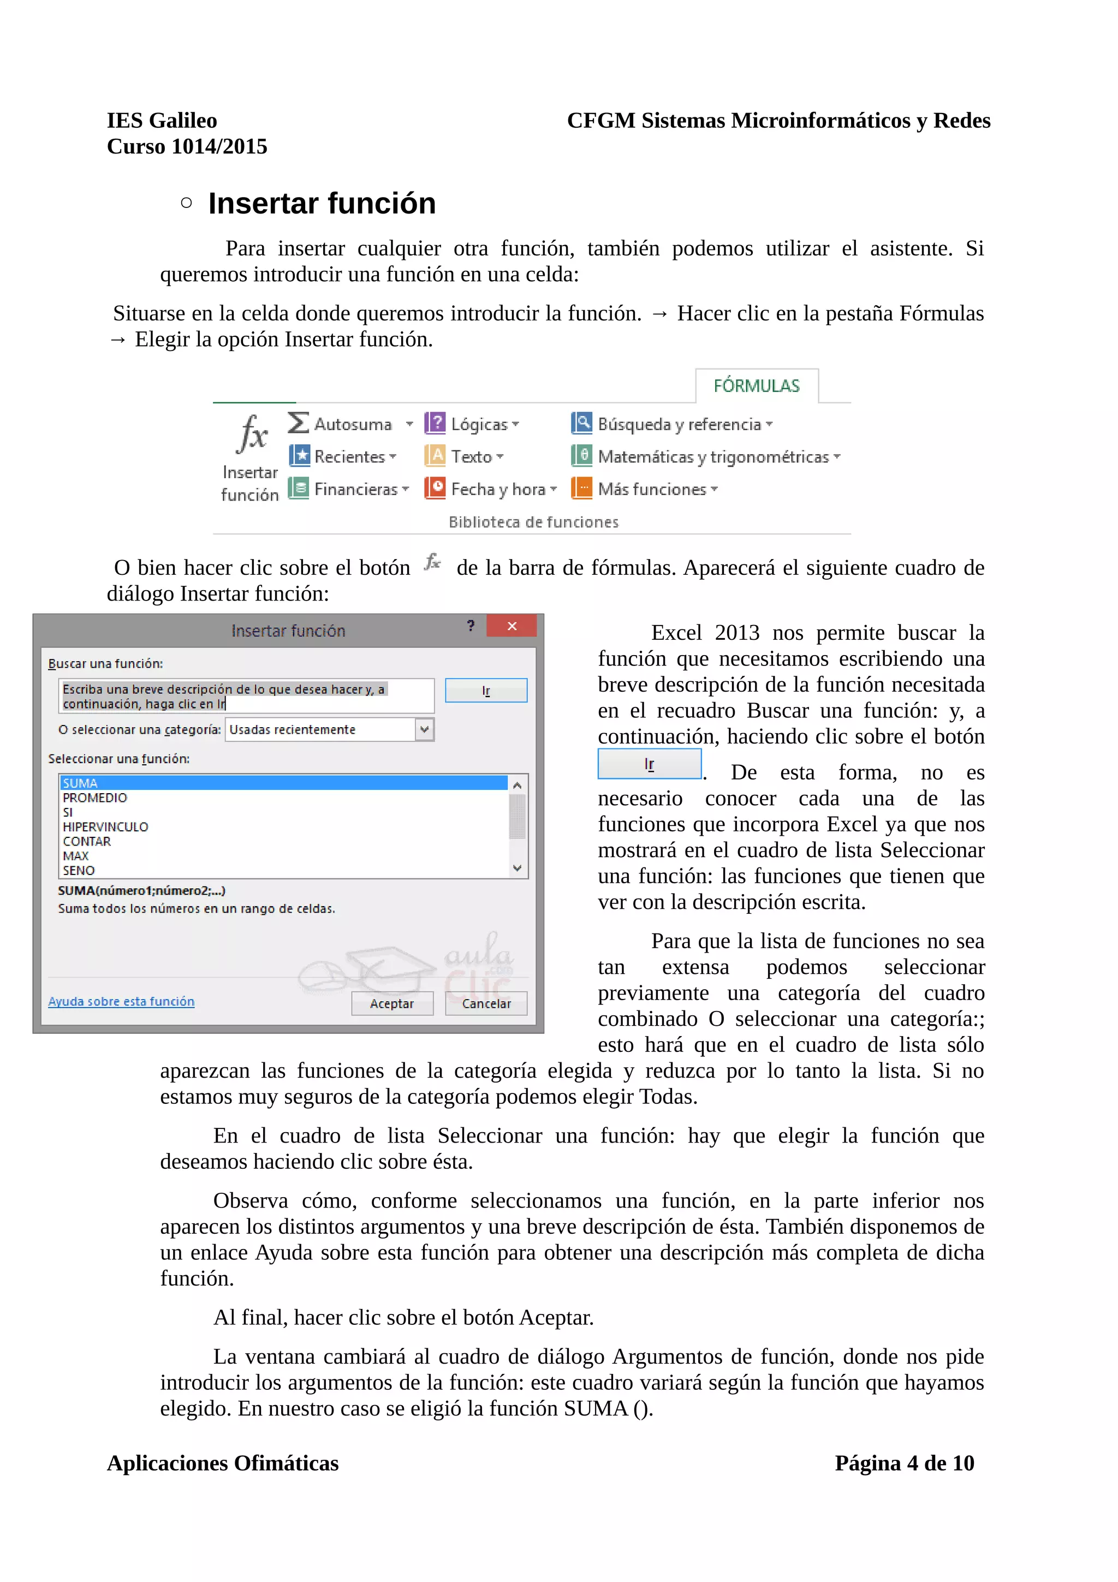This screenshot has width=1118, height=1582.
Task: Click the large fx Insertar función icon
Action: point(252,434)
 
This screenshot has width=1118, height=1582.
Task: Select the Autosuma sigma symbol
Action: point(298,423)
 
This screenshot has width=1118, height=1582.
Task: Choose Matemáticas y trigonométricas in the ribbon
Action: point(712,456)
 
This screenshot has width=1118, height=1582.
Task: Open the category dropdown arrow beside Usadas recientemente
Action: point(424,729)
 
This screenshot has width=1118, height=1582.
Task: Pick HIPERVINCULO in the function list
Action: point(105,826)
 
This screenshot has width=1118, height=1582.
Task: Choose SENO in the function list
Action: point(79,870)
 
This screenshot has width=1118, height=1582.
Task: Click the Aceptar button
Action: point(391,1003)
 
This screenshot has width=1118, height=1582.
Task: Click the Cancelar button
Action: point(486,1003)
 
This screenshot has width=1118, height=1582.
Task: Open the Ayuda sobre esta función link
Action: point(121,1001)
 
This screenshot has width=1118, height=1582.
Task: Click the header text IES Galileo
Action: point(162,121)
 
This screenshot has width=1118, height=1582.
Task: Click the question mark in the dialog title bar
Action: point(471,626)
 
